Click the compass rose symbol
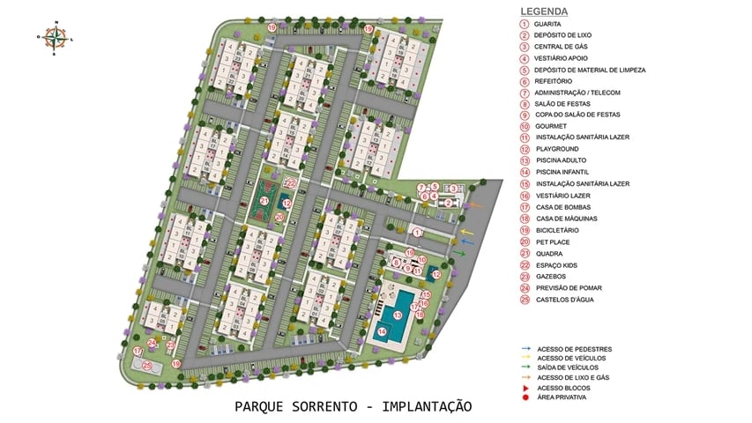tap(56, 36)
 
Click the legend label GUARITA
tap(548, 24)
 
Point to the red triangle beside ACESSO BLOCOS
tap(525, 388)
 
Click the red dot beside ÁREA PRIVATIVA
tap(525, 397)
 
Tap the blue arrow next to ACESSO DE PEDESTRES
tap(525, 349)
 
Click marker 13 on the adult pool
tap(398, 315)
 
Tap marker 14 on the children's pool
tap(382, 331)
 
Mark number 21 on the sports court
tap(264, 201)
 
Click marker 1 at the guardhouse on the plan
tap(418, 232)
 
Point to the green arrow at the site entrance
tap(459, 254)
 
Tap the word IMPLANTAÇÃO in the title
tap(422, 406)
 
